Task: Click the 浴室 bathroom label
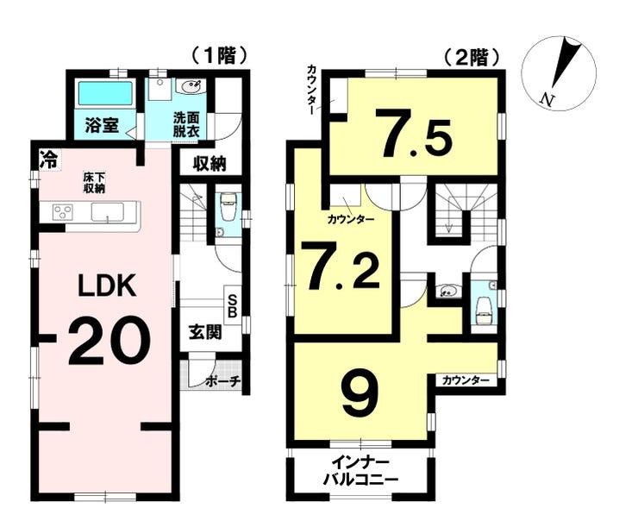pos(102,125)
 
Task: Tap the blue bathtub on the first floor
pos(106,94)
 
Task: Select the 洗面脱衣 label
pos(186,124)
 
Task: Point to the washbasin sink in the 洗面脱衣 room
pos(191,86)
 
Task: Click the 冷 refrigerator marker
pos(48,159)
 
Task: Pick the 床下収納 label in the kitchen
pos(94,183)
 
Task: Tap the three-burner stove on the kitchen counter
pos(63,212)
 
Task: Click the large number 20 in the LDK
pos(109,340)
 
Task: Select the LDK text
pos(107,286)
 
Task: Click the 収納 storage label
pos(210,164)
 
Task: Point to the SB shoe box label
pos(232,305)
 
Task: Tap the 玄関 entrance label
pos(205,332)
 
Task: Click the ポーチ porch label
pos(223,381)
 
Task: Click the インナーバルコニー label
pos(360,472)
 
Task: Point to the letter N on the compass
pos(547,98)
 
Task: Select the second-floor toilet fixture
pos(482,310)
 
